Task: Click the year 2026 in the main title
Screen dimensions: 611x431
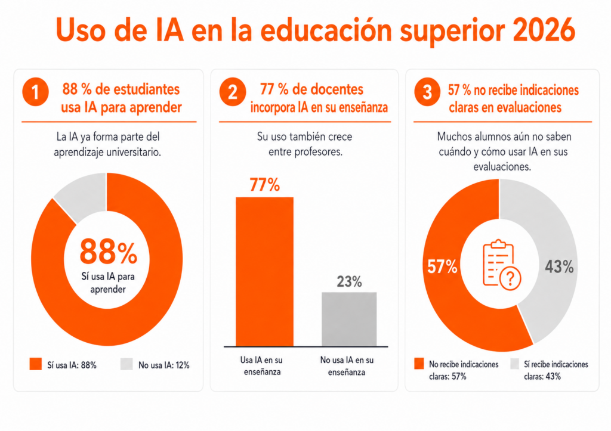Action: coord(544,30)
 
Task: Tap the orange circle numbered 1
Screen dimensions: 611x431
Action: coord(35,92)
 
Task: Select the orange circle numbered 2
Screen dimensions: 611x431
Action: coord(233,92)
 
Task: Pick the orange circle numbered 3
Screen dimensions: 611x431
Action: coord(427,92)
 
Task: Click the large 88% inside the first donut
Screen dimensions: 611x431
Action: coord(109,252)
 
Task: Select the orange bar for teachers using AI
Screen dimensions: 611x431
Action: coord(264,272)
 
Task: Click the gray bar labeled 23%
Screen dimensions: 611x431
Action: coord(349,320)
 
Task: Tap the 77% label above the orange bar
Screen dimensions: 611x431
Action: coord(264,185)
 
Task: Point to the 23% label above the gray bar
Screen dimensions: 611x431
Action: coord(349,281)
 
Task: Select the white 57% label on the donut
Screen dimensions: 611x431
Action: coord(442,266)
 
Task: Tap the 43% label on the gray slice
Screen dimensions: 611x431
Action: coord(559,266)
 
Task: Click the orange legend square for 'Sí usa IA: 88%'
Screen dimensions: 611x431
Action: coord(35,364)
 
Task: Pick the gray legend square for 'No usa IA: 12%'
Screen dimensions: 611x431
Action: coord(126,364)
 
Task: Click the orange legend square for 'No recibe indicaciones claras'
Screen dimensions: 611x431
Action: coord(419,364)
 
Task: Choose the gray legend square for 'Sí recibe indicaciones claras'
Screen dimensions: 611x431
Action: coord(515,364)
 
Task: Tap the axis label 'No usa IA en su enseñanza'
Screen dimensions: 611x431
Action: coord(347,366)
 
